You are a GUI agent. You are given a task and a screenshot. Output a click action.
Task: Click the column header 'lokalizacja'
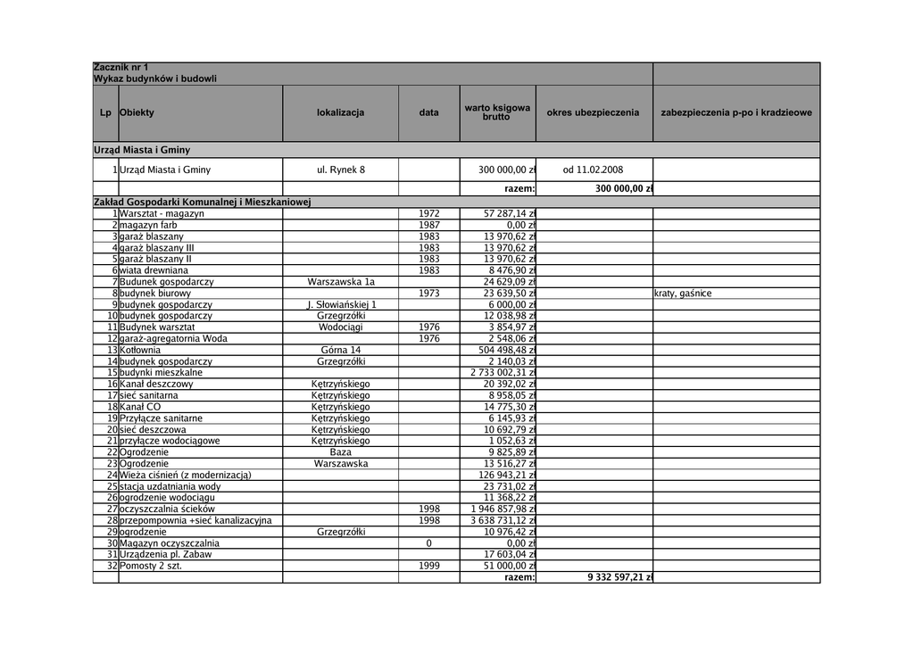340,113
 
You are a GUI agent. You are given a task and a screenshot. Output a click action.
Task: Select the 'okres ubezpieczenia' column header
594,113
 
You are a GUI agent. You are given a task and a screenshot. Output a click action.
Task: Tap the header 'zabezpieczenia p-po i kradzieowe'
735,113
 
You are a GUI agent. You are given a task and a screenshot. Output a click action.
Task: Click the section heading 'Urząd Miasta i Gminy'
142,150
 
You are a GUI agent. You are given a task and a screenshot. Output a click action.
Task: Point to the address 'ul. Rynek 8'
340,170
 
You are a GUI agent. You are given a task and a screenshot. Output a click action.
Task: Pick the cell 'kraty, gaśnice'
683,294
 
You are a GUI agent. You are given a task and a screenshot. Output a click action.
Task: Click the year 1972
429,214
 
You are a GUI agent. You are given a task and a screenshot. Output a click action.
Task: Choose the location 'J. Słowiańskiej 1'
340,304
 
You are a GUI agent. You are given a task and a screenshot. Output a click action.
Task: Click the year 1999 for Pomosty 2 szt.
429,566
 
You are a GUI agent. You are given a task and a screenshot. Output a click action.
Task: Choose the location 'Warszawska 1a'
340,282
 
